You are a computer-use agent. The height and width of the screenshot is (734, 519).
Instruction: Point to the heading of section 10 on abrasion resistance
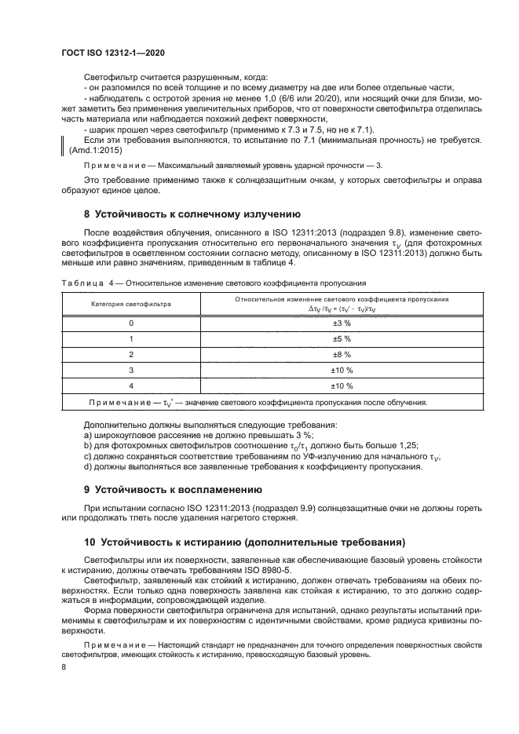point(243,542)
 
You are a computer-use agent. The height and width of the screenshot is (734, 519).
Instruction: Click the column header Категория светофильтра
point(131,305)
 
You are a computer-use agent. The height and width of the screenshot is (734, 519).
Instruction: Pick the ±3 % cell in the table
point(341,323)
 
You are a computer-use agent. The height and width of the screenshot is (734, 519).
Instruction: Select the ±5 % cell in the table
point(341,339)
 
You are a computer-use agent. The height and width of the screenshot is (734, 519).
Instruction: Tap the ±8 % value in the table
point(341,355)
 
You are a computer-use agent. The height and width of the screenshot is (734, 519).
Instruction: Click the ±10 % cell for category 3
point(341,371)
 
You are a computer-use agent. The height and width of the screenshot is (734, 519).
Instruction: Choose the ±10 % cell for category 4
point(341,386)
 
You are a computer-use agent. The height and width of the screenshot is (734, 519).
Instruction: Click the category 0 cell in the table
point(131,323)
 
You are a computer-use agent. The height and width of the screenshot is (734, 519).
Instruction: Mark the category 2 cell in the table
point(131,355)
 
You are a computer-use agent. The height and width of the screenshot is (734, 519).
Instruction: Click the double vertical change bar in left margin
point(64,144)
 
